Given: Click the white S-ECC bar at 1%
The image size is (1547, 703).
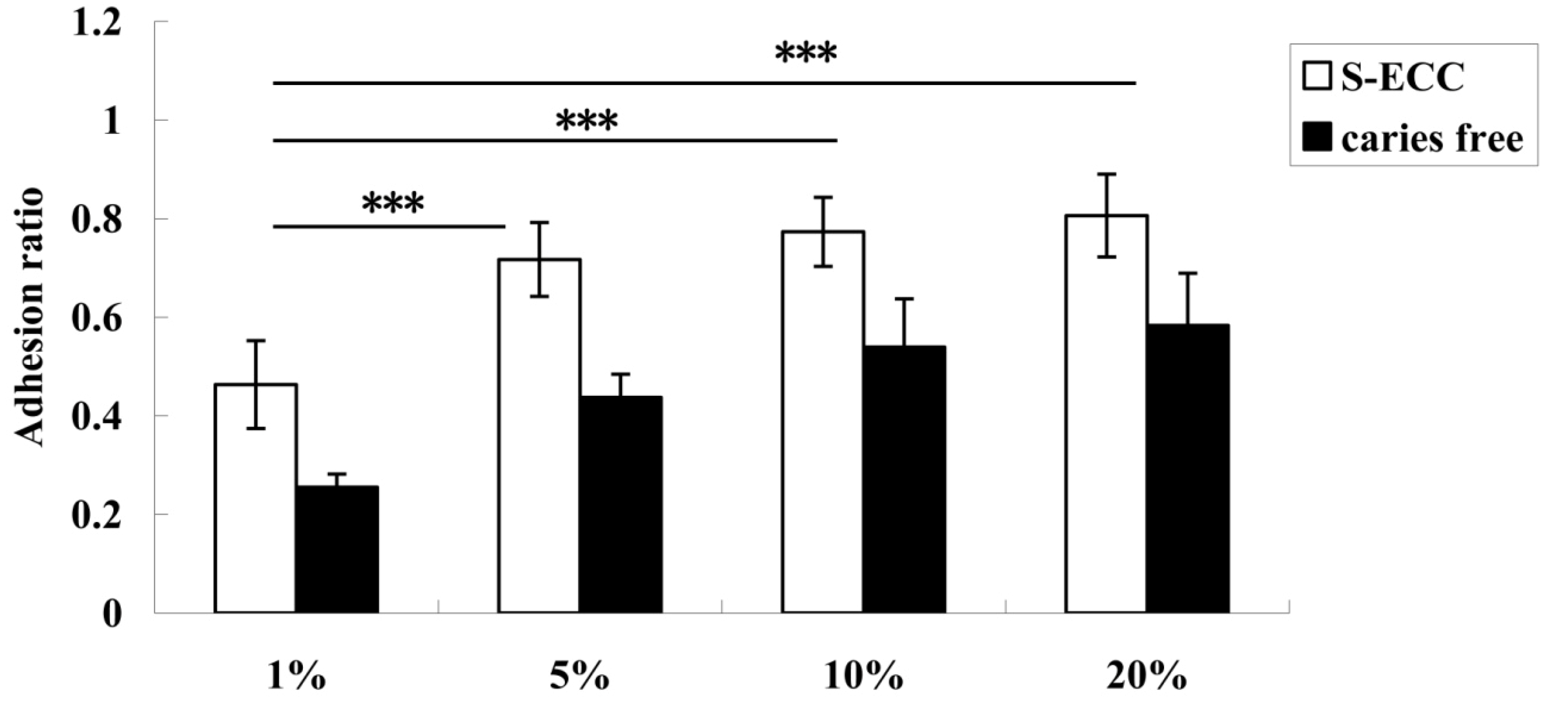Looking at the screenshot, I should pos(255,498).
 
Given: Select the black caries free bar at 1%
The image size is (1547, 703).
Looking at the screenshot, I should pos(337,549).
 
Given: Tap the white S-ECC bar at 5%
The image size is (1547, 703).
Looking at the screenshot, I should pos(539,435).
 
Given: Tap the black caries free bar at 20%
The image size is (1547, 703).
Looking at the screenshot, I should pos(1188,468).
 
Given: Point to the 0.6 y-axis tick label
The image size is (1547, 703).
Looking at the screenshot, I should pos(96,318).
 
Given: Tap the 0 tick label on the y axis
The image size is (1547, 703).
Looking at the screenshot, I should pos(111,614).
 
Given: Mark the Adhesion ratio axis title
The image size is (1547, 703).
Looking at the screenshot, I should pos(28,317).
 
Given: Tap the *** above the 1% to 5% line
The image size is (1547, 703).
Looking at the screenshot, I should pos(393,205).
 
